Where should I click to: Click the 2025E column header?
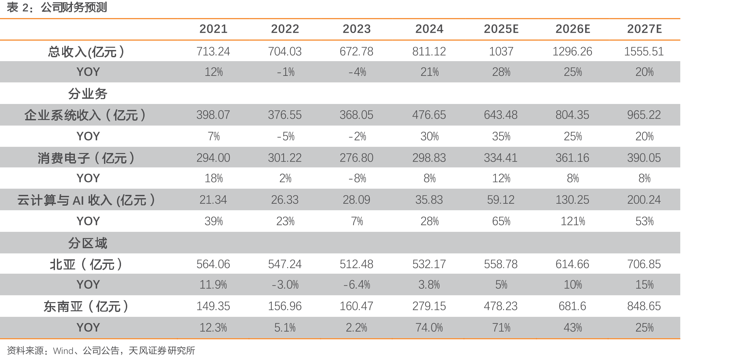point(501,29)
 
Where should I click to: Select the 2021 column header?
point(213,29)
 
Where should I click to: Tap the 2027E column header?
point(644,29)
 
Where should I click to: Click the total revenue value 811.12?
point(429,51)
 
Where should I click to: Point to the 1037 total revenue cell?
point(501,51)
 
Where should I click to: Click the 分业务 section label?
point(88,94)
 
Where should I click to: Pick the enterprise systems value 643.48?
point(501,115)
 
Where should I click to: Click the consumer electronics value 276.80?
point(356,158)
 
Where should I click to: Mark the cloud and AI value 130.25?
point(572,200)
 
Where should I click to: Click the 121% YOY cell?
point(573,221)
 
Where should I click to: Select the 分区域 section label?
point(88,243)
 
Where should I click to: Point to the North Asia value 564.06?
point(213,264)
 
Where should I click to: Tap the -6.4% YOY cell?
point(356,285)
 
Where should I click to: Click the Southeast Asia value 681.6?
point(572,306)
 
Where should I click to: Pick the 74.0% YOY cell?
point(429,328)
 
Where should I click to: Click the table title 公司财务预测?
point(74,7)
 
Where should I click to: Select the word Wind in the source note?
point(63,351)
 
